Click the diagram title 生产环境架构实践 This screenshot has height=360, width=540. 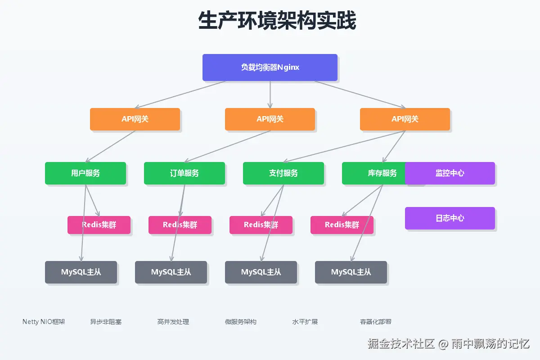pos(277,21)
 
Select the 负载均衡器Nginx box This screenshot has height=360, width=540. pos(270,67)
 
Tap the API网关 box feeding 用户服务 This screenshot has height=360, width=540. pos(135,119)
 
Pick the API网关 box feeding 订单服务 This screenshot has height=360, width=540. pos(270,119)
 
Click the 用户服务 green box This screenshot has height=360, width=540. pos(85,173)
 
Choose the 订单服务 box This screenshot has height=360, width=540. pos(184,173)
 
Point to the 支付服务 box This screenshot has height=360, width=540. pos(283,173)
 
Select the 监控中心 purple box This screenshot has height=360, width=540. pos(450,173)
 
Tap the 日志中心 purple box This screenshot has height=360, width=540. pos(450,218)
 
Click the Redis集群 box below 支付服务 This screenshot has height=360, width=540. pos(261,225)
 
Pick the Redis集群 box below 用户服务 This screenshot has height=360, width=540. pos(99,225)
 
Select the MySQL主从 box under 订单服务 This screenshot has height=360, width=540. pos(171,272)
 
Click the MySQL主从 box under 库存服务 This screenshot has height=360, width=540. pos(351,272)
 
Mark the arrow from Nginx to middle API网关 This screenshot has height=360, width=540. pos(270,94)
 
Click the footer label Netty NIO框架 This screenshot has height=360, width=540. pos(44,322)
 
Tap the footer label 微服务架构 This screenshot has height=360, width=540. pos(241,322)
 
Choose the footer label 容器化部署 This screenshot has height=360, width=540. pos(376,322)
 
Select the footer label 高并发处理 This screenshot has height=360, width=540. pos(173,322)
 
